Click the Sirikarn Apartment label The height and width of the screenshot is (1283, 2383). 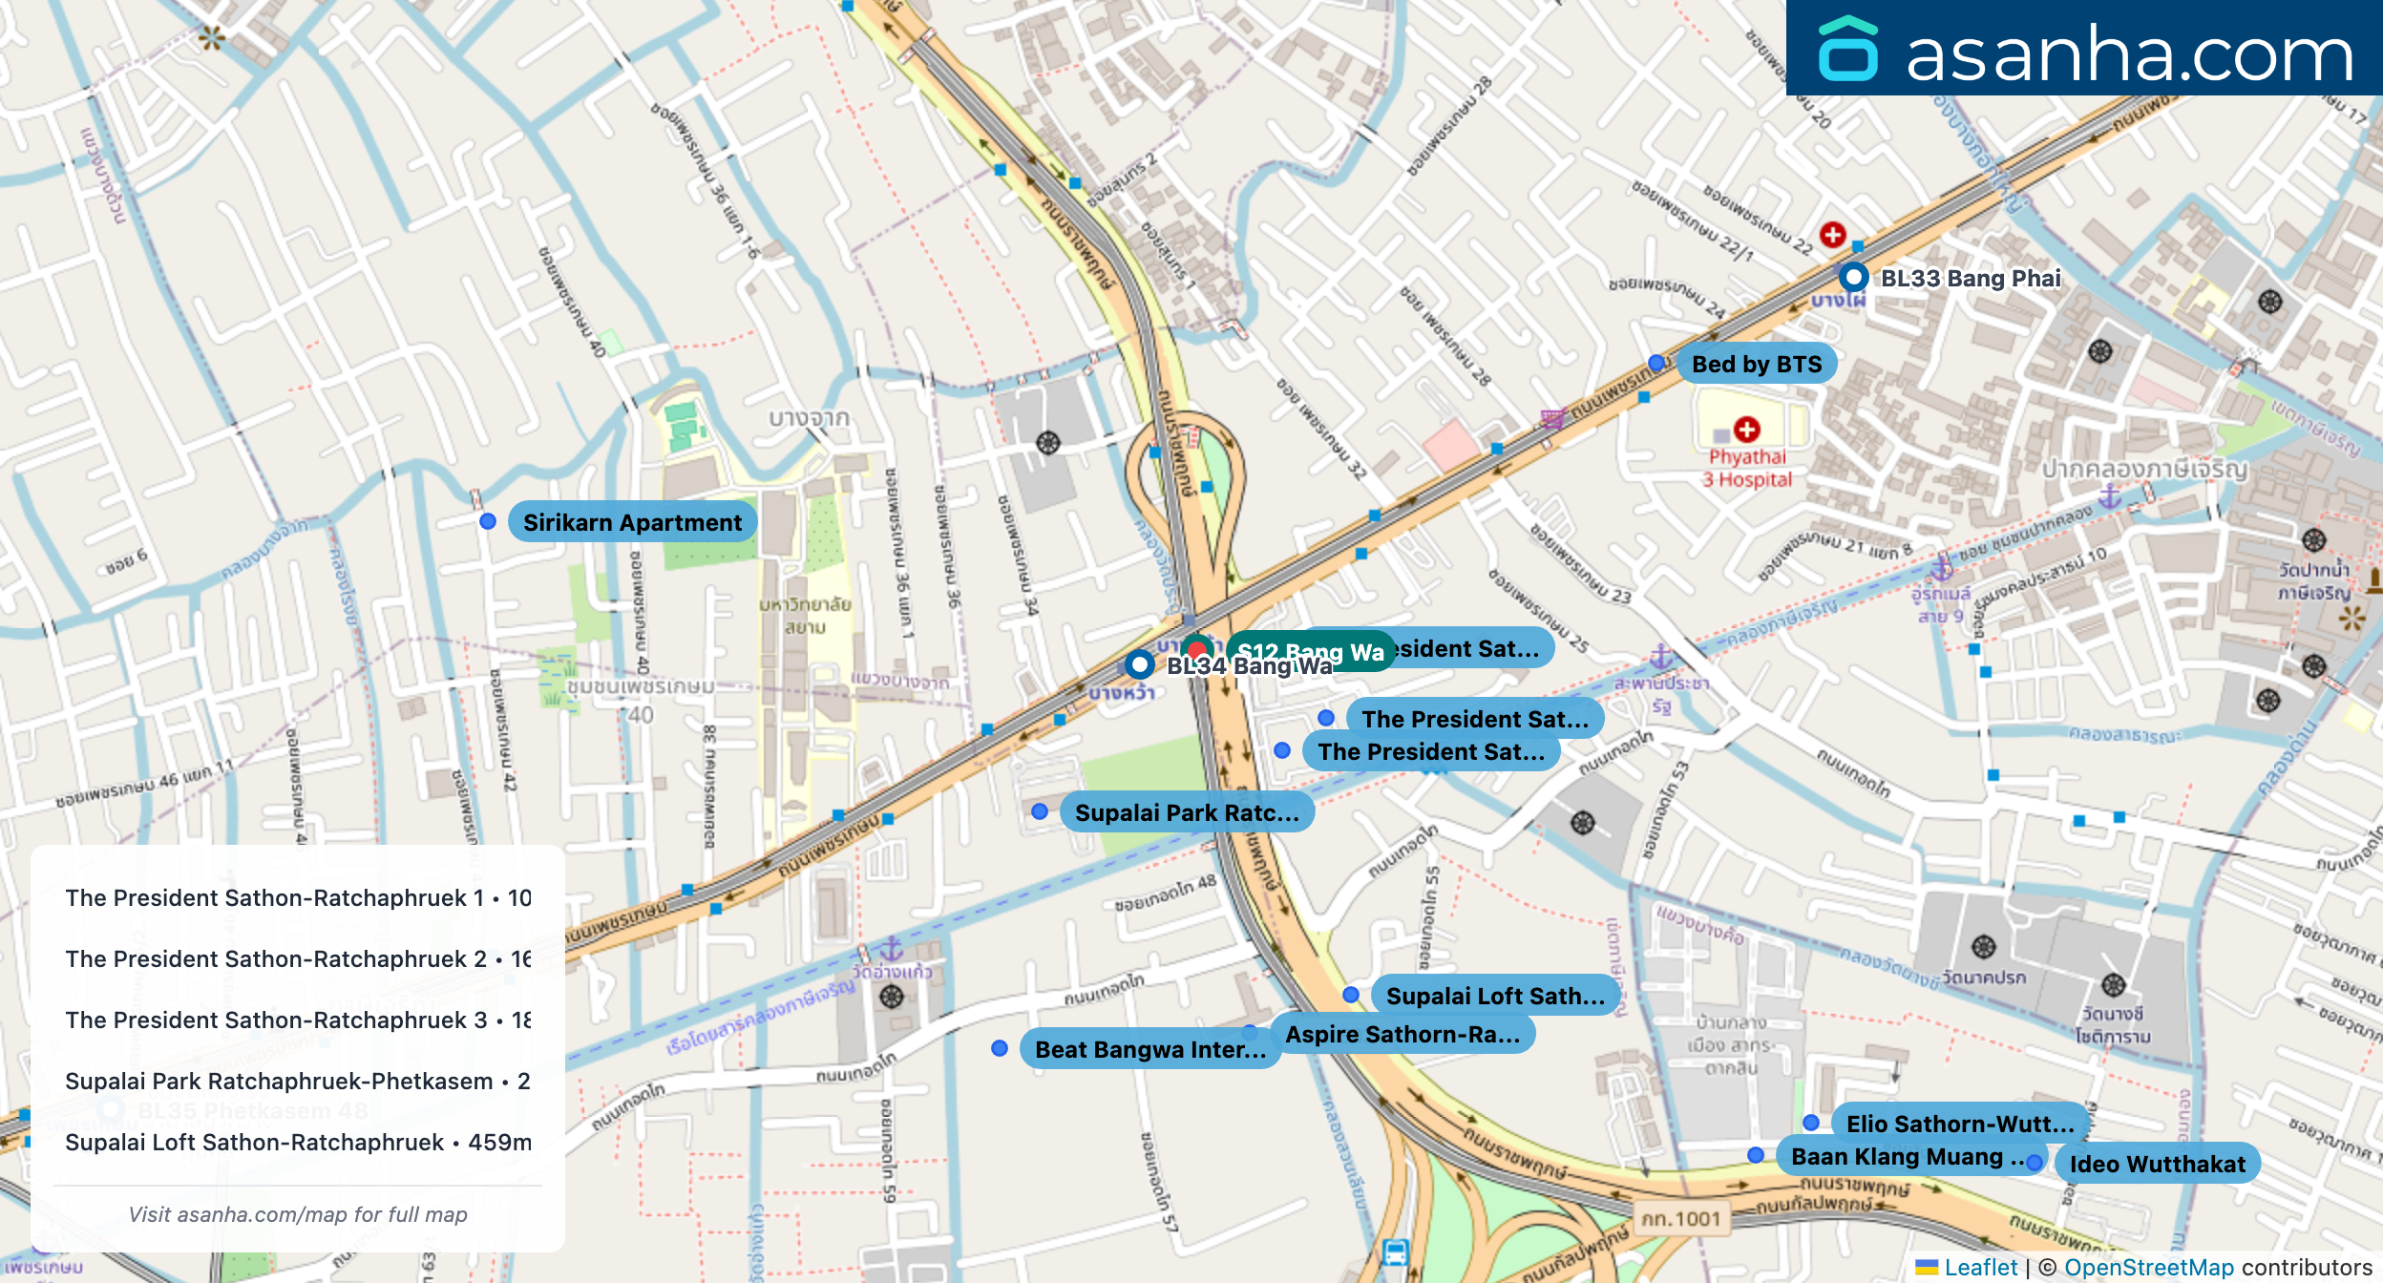tap(632, 522)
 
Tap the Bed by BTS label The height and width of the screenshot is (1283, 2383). tap(1756, 364)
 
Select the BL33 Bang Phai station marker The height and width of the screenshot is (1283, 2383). tap(1853, 277)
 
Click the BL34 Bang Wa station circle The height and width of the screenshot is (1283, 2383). tap(1139, 663)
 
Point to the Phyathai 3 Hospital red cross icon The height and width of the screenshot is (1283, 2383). tap(1747, 430)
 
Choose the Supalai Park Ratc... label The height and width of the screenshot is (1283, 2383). tap(1186, 812)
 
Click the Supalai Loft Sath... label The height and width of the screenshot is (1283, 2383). tap(1494, 996)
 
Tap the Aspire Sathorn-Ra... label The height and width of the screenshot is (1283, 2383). tap(1402, 1034)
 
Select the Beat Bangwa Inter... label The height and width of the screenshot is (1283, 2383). tap(1149, 1049)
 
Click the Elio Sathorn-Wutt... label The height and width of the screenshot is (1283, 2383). tap(1959, 1124)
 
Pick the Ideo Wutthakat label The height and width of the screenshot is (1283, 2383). tap(2157, 1164)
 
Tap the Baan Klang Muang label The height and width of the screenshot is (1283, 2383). tap(1896, 1156)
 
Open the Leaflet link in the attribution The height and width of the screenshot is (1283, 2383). tap(1980, 1267)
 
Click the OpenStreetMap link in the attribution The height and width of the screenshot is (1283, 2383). tap(2148, 1267)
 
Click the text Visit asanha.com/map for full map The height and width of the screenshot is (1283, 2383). tap(298, 1214)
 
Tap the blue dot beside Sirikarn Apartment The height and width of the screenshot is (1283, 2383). tap(488, 521)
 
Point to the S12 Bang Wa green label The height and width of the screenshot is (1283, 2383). tap(1310, 651)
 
